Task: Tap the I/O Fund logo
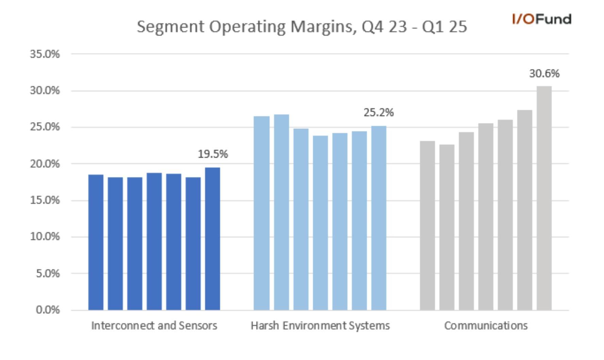click(542, 19)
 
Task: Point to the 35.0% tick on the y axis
click(45, 54)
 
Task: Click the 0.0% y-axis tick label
click(48, 310)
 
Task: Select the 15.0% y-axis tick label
click(45, 200)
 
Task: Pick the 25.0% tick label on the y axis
click(45, 127)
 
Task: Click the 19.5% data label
click(213, 154)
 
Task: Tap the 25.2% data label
click(379, 113)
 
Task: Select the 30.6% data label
click(544, 73)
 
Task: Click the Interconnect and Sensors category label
click(154, 326)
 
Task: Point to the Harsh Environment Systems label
click(320, 326)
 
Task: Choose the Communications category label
click(486, 326)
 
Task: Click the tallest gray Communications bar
click(544, 198)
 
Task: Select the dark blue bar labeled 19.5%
click(213, 239)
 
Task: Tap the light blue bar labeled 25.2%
click(379, 218)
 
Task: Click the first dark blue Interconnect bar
click(96, 242)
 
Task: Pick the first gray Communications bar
click(427, 225)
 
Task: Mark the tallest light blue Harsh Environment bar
click(282, 212)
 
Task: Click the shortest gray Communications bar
click(447, 227)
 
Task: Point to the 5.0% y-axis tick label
click(48, 273)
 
